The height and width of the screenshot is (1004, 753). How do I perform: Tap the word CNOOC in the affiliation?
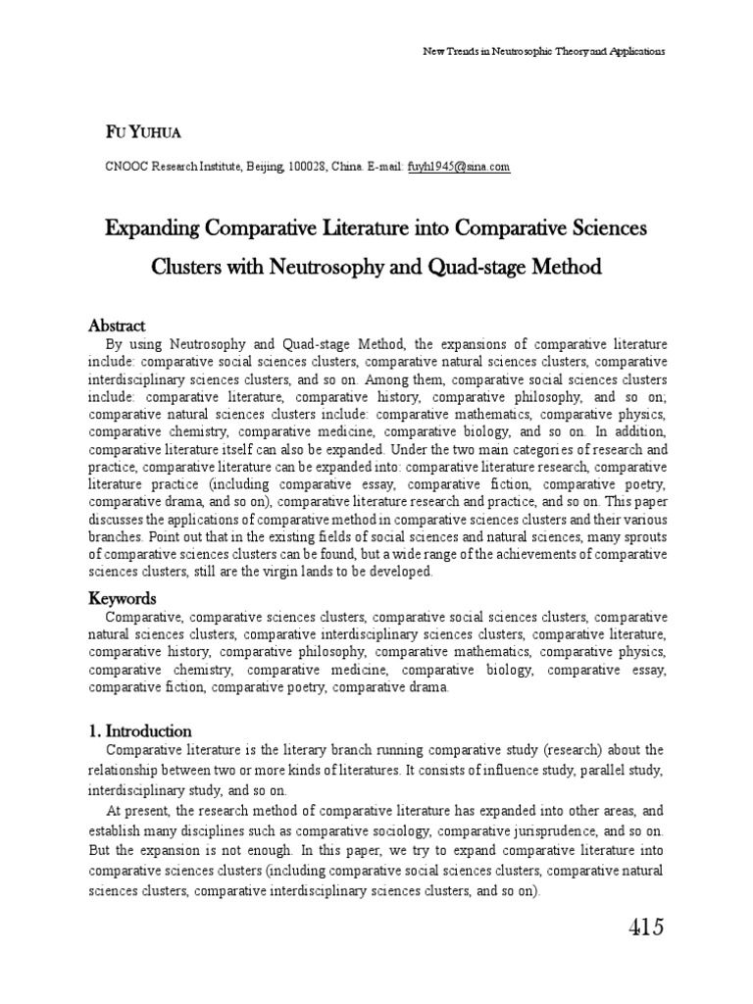point(125,168)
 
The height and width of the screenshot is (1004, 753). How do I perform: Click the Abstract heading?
point(118,326)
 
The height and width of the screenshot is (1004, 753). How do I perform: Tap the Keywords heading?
point(123,598)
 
